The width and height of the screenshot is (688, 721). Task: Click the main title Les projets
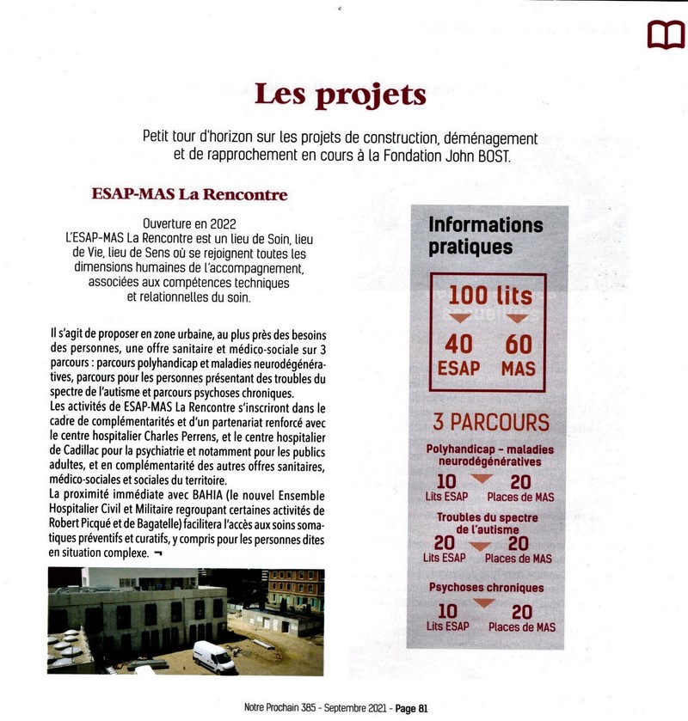coord(341,94)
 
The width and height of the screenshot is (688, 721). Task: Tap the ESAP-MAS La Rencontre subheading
coord(189,195)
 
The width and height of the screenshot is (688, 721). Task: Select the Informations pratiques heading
coord(486,235)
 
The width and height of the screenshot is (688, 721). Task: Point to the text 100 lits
coord(490,295)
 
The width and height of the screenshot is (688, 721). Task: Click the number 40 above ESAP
coord(459,345)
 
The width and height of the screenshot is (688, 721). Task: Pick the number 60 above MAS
coord(519,345)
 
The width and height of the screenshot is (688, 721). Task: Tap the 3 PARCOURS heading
coord(491,423)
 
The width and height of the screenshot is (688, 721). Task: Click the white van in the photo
coord(213,657)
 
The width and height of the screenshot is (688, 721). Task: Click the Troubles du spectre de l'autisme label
coord(487,523)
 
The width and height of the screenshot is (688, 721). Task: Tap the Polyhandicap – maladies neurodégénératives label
coord(490,455)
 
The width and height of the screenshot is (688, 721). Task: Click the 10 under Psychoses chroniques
coord(447,612)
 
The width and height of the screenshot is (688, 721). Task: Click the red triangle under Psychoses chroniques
coord(485,603)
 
